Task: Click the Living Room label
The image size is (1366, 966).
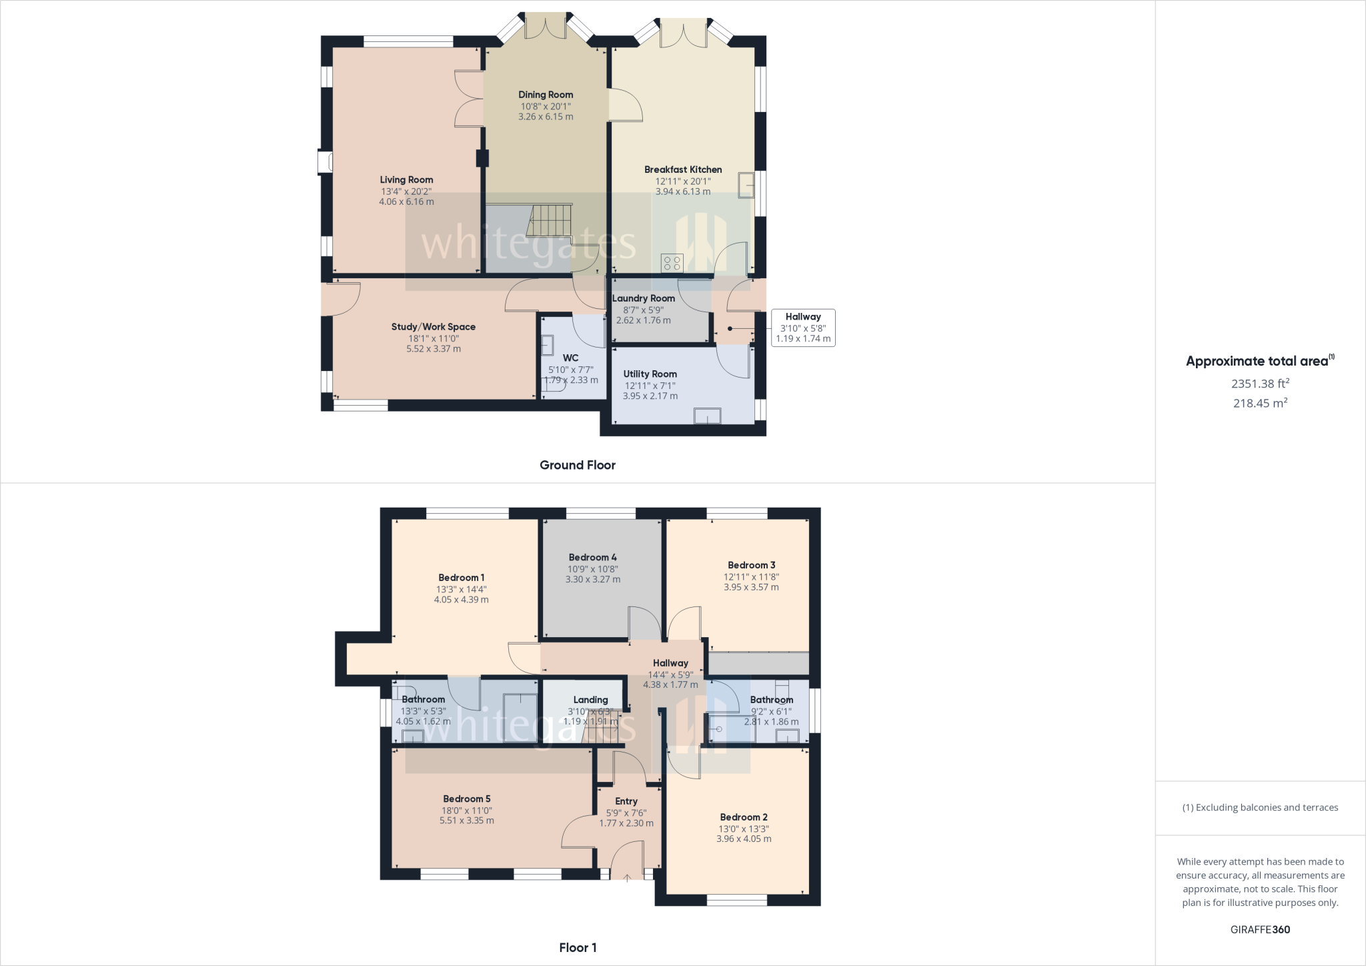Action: click(x=406, y=179)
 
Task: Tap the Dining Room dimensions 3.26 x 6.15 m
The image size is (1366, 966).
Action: click(x=546, y=117)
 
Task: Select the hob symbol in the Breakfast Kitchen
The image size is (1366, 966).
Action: click(x=672, y=263)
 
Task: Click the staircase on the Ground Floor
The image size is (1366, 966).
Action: click(x=550, y=220)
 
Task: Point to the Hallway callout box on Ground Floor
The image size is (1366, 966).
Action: click(x=803, y=328)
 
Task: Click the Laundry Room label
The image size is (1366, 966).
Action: click(x=644, y=298)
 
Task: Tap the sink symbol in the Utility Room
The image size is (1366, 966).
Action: click(x=707, y=416)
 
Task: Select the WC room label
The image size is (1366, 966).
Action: click(x=570, y=358)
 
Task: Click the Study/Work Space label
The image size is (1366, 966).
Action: click(x=434, y=327)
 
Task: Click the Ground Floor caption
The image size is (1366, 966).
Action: click(x=577, y=465)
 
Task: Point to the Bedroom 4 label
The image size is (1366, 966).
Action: click(x=592, y=557)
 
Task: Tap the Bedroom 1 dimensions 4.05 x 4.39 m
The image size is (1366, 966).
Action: click(x=461, y=600)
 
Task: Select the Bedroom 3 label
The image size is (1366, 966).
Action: click(x=751, y=565)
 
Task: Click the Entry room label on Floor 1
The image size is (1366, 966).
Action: click(x=626, y=801)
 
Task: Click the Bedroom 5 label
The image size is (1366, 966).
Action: click(x=467, y=799)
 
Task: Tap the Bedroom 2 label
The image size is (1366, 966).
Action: click(x=744, y=817)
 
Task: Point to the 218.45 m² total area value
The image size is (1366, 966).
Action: click(x=1260, y=403)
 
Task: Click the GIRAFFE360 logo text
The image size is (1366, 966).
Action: click(x=1260, y=929)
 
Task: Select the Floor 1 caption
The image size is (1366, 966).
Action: click(x=578, y=947)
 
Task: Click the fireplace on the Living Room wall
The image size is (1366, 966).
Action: click(x=325, y=162)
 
